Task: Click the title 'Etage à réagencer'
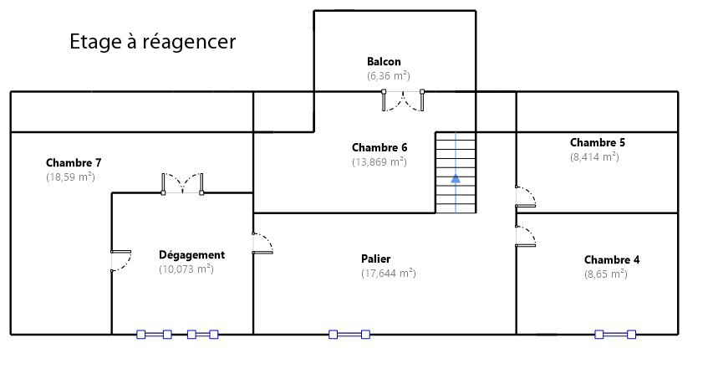tap(153, 41)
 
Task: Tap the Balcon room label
tap(385, 61)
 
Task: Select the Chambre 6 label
tap(379, 147)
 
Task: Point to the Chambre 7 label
tap(74, 162)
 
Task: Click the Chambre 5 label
tap(598, 142)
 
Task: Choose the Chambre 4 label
tap(612, 260)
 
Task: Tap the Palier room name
tap(376, 259)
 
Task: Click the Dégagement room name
tap(192, 255)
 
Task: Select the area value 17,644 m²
tap(389, 273)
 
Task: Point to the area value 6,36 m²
tap(389, 75)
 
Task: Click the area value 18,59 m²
tap(70, 177)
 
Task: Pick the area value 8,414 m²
tap(595, 157)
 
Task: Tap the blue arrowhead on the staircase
tap(456, 178)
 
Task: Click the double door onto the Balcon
tap(403, 100)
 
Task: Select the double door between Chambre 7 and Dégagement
tap(182, 184)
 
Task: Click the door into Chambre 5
tap(526, 197)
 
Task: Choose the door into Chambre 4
tap(526, 236)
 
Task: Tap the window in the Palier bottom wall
tap(349, 335)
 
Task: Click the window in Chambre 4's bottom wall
tap(615, 335)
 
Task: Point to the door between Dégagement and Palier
tap(262, 243)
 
